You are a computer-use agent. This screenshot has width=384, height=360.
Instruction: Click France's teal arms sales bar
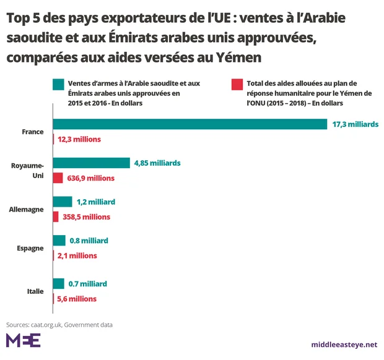click(190, 124)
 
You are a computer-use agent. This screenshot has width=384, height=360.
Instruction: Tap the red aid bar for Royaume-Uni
click(58, 178)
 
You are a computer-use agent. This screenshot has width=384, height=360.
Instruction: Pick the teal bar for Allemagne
click(63, 202)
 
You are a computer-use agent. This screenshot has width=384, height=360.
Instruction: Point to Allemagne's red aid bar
click(56, 216)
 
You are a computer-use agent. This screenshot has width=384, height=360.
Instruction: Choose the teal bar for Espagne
click(59, 240)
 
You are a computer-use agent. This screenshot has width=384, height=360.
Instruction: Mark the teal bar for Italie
click(59, 283)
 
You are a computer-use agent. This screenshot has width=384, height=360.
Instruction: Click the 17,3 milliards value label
click(355, 124)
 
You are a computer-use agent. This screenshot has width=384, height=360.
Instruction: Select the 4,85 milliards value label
click(157, 163)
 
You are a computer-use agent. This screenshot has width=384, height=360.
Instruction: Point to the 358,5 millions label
click(85, 216)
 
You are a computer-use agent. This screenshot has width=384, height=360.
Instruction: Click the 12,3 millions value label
click(79, 139)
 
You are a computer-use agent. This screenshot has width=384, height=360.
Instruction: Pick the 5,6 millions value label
click(77, 298)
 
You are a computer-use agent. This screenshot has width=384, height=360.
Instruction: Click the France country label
click(32, 132)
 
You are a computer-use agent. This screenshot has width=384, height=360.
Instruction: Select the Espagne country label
click(30, 248)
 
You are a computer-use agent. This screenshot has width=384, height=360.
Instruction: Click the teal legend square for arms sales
click(59, 84)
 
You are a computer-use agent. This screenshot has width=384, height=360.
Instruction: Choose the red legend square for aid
click(235, 84)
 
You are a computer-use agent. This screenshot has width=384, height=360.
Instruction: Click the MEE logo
click(23, 340)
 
